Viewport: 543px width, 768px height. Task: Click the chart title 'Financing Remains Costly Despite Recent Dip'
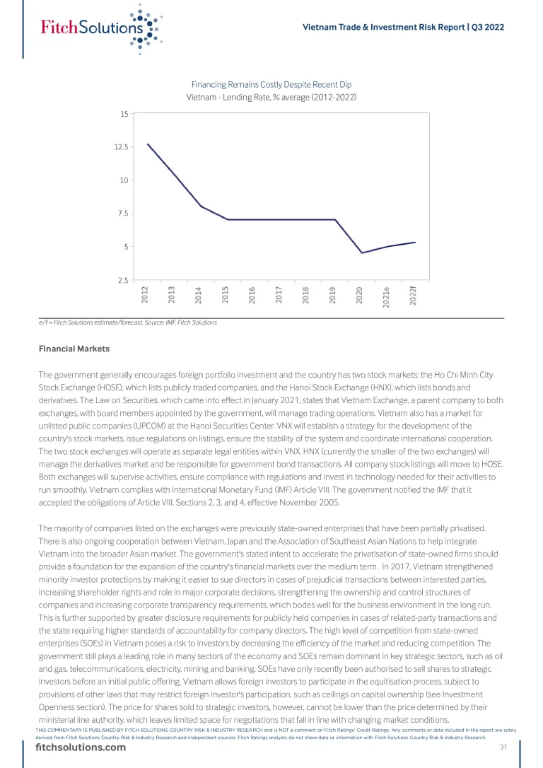pos(271,85)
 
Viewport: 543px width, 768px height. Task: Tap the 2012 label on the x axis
pos(145,295)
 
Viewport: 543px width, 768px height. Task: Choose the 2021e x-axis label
pos(387,298)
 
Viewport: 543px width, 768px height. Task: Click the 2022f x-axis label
pos(414,296)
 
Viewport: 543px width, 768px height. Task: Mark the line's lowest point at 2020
pos(362,252)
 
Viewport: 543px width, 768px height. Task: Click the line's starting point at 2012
pos(147,144)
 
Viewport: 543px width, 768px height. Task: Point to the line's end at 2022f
pos(415,242)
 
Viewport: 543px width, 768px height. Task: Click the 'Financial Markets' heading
pos(74,349)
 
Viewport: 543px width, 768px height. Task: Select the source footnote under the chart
pos(128,322)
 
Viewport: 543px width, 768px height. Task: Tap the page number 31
pos(504,747)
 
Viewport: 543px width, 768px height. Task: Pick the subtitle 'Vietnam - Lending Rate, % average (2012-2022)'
pos(271,97)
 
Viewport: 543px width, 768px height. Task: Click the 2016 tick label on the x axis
pos(252,295)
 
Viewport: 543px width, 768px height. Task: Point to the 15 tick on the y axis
pos(124,114)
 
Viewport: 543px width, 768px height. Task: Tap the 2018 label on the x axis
pos(306,295)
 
